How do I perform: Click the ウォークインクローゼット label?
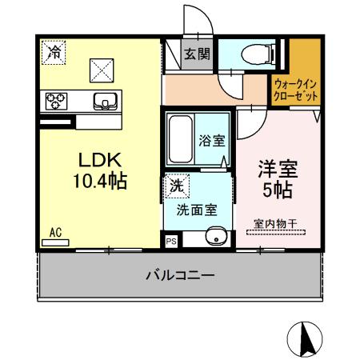295,88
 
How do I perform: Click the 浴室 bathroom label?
211,139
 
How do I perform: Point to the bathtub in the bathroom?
179,138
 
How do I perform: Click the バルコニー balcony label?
179,276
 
